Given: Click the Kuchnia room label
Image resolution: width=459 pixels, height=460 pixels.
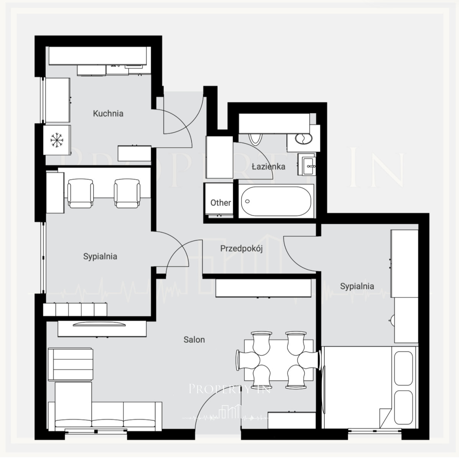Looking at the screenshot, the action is pyautogui.click(x=108, y=113).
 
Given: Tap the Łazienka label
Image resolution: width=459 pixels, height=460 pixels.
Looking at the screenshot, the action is pyautogui.click(x=268, y=166).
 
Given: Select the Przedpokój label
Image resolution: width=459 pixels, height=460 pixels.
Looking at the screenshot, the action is pyautogui.click(x=242, y=249).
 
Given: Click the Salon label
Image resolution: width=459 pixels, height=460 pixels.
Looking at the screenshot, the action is pyautogui.click(x=194, y=340).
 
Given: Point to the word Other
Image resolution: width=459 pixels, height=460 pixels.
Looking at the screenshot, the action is pyautogui.click(x=220, y=203).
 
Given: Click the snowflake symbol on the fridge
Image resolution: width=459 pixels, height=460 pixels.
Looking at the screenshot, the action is pyautogui.click(x=57, y=140).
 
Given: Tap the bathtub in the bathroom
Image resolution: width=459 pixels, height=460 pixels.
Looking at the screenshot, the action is pyautogui.click(x=276, y=201).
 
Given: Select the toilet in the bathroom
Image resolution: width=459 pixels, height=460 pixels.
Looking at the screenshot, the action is pyautogui.click(x=255, y=139).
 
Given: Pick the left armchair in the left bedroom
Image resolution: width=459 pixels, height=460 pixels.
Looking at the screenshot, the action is pyautogui.click(x=81, y=193).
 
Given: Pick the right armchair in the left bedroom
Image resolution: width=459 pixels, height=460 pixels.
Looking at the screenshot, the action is pyautogui.click(x=127, y=193).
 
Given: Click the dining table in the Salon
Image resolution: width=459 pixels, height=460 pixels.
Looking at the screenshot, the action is pyautogui.click(x=278, y=360).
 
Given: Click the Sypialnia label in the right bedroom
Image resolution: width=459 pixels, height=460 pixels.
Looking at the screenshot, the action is pyautogui.click(x=357, y=286).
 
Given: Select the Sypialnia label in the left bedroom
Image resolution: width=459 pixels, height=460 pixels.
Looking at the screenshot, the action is pyautogui.click(x=100, y=256).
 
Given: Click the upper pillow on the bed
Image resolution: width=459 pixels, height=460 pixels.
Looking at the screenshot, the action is pyautogui.click(x=403, y=368).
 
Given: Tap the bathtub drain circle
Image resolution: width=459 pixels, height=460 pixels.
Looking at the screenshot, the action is pyautogui.click(x=247, y=201).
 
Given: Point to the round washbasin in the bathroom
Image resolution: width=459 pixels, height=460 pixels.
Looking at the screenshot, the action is pyautogui.click(x=303, y=138).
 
